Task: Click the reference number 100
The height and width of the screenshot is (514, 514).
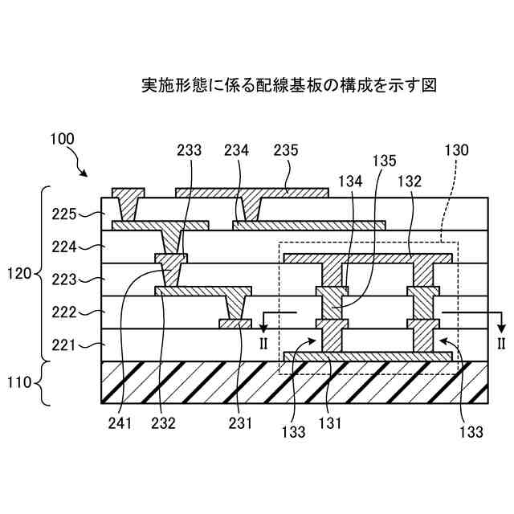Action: coord(62,138)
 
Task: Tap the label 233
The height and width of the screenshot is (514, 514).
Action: coord(189,150)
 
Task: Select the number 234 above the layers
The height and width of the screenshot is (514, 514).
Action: coord(237,150)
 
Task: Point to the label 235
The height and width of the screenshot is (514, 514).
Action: coord(285,150)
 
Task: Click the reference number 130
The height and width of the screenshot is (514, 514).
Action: coord(456,150)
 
